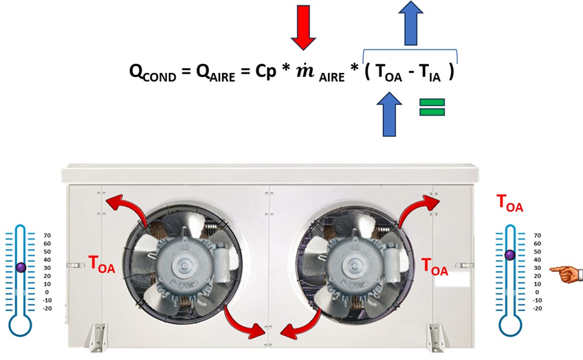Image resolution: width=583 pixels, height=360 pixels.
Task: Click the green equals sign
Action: tap(432, 106)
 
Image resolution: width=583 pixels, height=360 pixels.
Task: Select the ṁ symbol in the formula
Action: tap(304, 71)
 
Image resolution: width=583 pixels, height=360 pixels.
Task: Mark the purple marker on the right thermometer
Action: tap(509, 255)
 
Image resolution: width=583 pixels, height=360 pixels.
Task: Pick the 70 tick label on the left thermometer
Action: tap(47, 235)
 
